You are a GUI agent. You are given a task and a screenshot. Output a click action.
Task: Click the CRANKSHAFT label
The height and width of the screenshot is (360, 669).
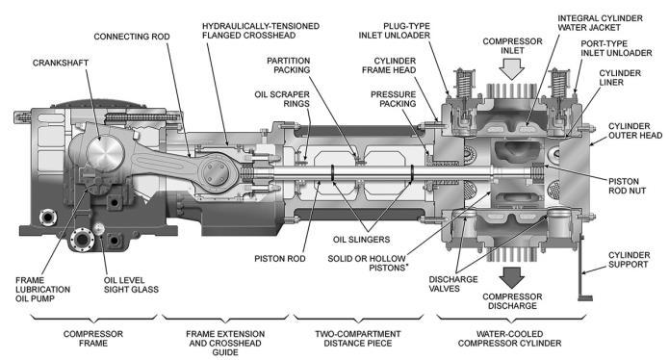click(61, 63)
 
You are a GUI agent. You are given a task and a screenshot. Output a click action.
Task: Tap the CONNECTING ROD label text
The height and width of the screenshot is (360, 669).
click(132, 37)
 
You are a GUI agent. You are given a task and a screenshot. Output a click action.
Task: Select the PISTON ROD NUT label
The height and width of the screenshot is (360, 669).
click(627, 186)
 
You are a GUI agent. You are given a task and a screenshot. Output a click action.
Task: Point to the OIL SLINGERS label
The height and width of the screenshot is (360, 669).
click(361, 240)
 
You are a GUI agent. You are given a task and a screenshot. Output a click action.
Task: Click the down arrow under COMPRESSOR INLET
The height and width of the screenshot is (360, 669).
click(511, 69)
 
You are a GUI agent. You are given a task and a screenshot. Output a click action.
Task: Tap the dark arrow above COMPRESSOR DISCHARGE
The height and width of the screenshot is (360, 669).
click(511, 277)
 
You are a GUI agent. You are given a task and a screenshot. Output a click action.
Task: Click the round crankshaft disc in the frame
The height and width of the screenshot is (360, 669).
click(105, 152)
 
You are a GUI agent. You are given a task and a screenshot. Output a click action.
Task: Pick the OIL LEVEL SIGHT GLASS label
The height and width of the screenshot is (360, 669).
click(131, 285)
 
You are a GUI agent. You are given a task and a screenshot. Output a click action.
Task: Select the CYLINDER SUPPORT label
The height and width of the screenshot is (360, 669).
click(629, 260)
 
